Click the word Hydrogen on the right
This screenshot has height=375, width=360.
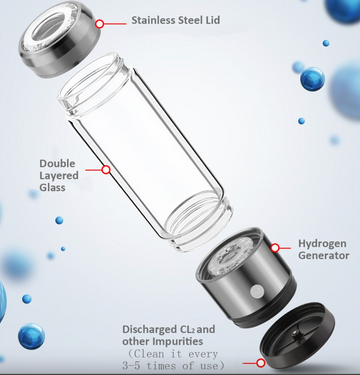tap(325, 243)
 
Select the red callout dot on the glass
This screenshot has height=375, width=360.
tap(106, 170)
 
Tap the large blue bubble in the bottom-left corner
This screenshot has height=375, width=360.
tap(30, 336)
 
